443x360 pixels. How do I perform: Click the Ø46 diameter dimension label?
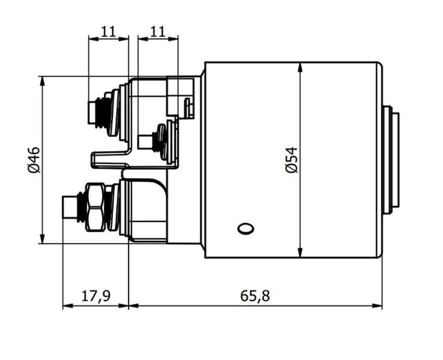[x=34, y=160]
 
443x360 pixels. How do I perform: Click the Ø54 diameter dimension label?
[x=292, y=159]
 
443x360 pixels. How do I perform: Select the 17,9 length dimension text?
[x=96, y=296]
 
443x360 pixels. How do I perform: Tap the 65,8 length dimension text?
[x=255, y=296]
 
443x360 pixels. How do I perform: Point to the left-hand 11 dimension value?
[x=109, y=31]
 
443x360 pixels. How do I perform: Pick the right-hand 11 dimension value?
[x=158, y=31]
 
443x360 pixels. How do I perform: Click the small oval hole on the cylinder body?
[x=245, y=228]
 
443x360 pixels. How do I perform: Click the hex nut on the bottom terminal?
[x=95, y=207]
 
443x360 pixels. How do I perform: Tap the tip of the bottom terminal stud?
[x=64, y=207]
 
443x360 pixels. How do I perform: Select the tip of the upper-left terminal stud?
[x=89, y=113]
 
